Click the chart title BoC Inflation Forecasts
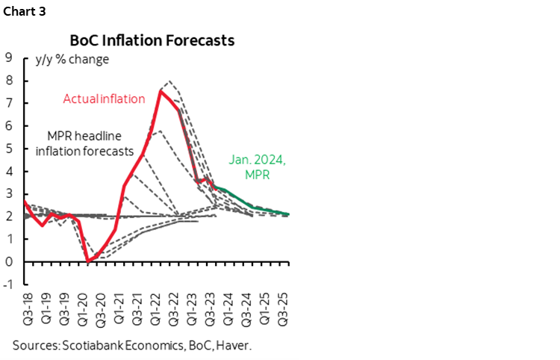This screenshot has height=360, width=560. [x=152, y=40]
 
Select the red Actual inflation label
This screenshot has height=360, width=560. [x=104, y=98]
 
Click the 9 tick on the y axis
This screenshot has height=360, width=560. [x=9, y=57]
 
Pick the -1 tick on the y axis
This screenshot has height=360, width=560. [x=7, y=285]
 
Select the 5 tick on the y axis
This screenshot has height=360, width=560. [x=9, y=148]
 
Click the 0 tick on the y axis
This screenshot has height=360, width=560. [x=9, y=262]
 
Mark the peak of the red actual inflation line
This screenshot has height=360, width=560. [x=161, y=91]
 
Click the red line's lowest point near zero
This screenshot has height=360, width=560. [x=88, y=261]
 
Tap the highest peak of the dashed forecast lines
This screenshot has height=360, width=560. [x=169, y=80]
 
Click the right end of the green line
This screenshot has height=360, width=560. [x=290, y=214]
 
